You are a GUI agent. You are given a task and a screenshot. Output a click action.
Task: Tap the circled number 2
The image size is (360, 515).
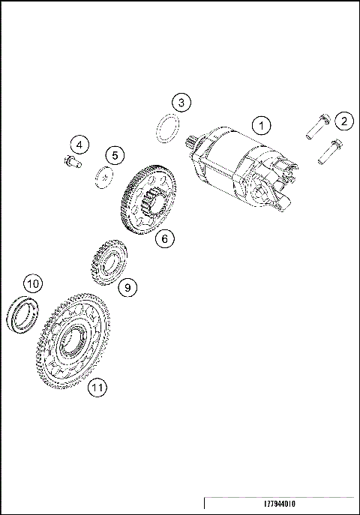[x=343, y=121]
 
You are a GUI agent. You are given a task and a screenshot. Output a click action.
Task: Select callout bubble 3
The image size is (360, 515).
[x=181, y=102]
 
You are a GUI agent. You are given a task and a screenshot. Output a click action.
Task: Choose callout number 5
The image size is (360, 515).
[x=114, y=155]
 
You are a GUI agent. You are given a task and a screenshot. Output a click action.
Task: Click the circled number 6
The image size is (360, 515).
[x=166, y=238]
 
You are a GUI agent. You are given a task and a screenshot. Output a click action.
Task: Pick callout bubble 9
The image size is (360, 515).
[x=127, y=286]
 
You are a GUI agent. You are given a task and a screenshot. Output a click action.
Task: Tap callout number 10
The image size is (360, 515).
[x=31, y=284]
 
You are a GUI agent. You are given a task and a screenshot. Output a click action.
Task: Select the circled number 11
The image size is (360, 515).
[x=96, y=387]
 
